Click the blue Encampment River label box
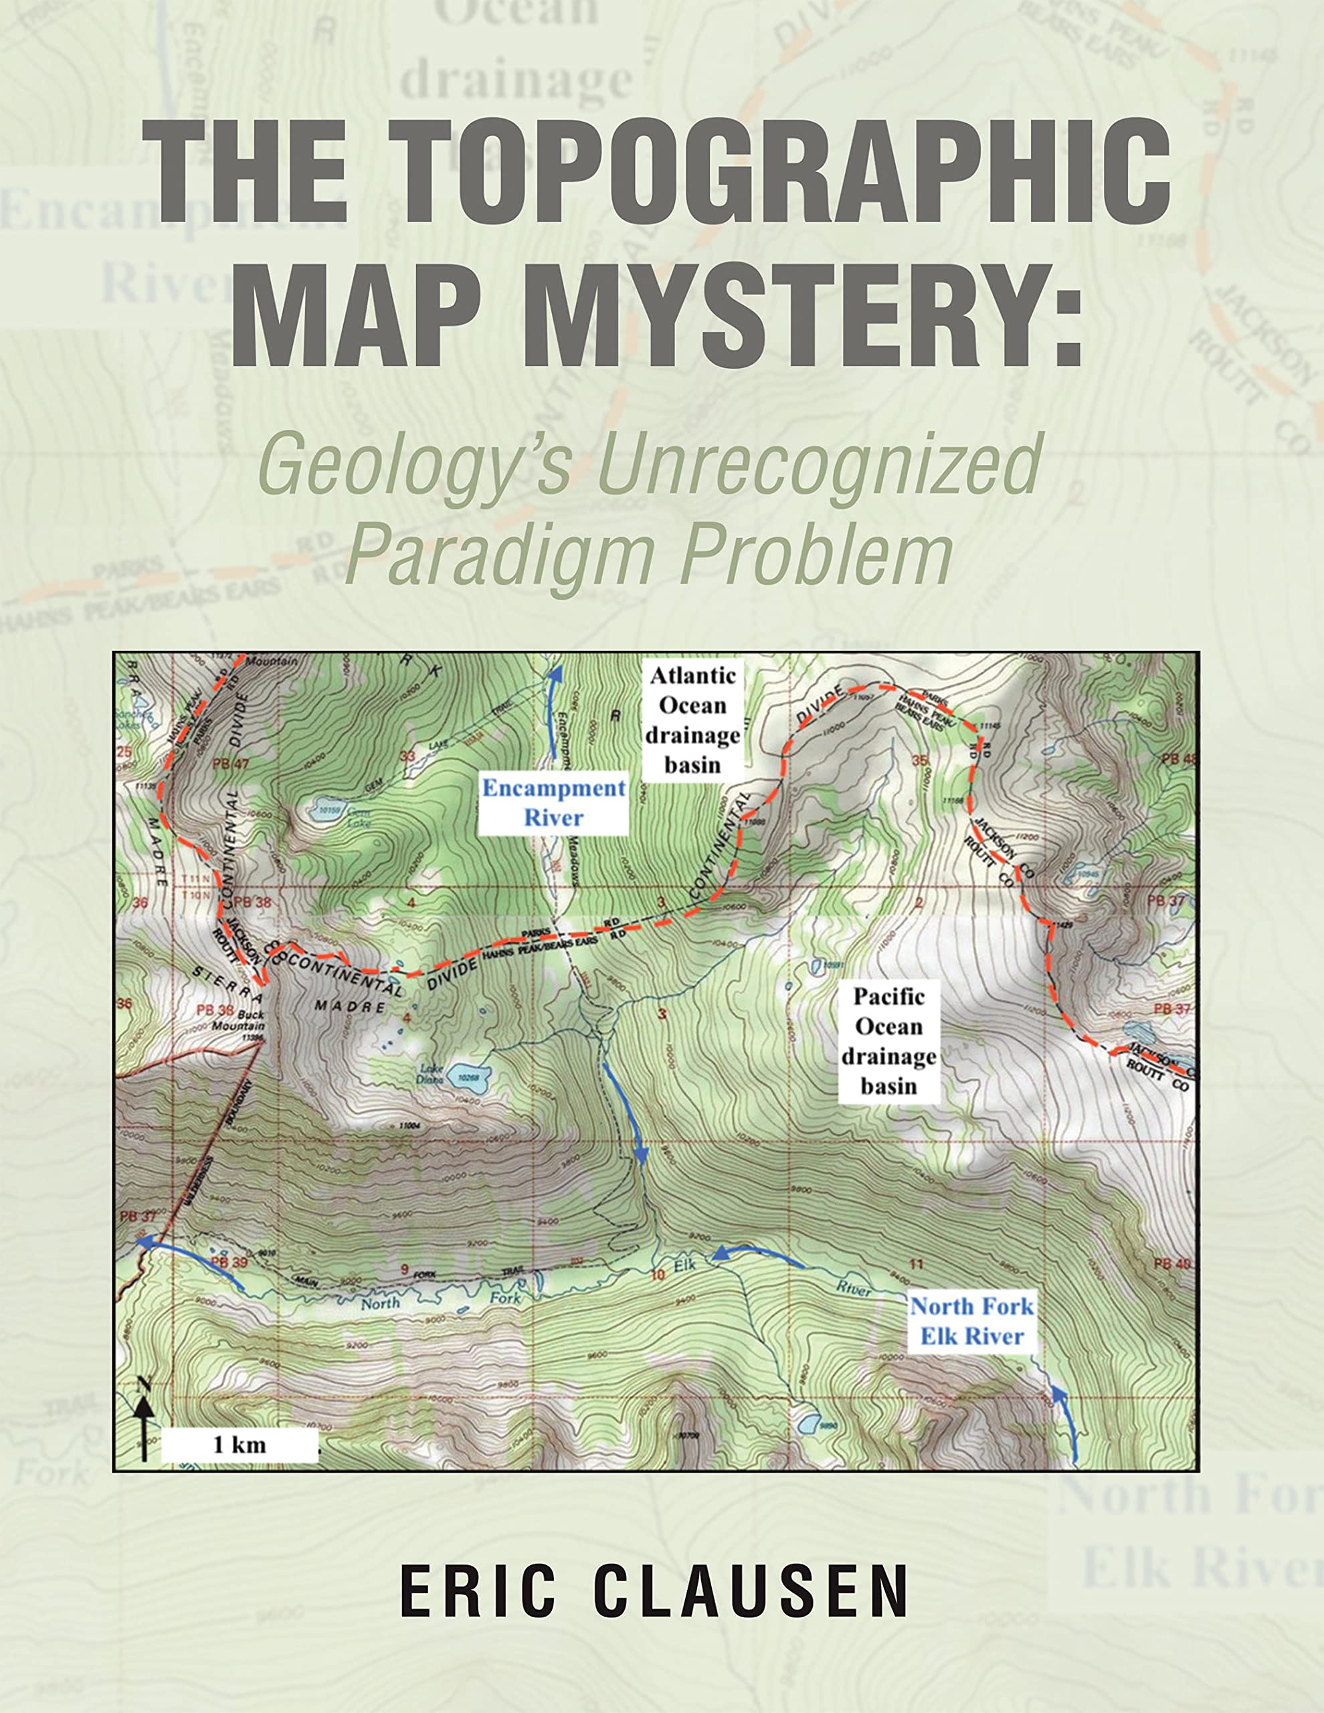click(x=554, y=803)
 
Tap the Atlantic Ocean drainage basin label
click(x=692, y=719)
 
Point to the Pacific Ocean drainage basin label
click(x=888, y=1041)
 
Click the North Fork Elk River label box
click(x=972, y=1322)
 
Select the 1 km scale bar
click(x=240, y=1445)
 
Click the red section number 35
click(x=921, y=760)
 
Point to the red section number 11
click(x=915, y=1263)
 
